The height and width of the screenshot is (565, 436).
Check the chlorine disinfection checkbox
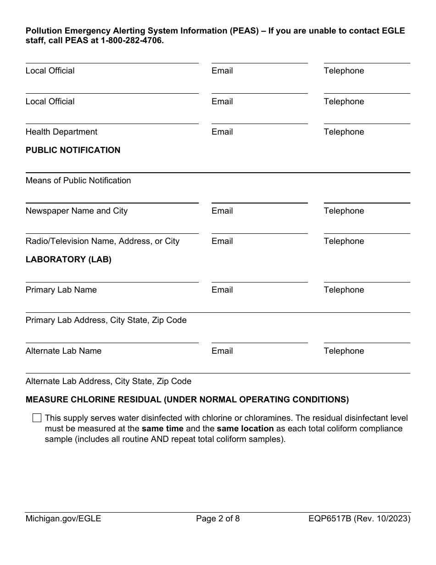click(37, 418)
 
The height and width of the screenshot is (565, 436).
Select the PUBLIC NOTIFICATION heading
click(73, 150)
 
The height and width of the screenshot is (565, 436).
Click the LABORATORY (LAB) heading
click(68, 260)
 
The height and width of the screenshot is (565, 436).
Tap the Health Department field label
click(61, 132)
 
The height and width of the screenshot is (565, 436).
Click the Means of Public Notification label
click(78, 181)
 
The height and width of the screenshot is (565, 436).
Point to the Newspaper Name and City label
click(77, 211)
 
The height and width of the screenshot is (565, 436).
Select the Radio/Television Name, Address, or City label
click(102, 241)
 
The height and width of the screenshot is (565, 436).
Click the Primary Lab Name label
click(61, 290)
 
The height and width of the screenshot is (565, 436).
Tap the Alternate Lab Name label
click(63, 351)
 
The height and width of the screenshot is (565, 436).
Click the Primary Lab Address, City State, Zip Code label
click(106, 320)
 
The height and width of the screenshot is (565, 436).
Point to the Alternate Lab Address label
click(108, 381)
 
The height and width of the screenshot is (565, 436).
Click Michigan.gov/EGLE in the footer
click(63, 519)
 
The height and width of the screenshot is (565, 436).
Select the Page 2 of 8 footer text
click(218, 519)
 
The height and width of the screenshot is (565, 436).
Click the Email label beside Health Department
click(222, 132)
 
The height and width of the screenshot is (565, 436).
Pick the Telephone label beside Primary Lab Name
click(344, 290)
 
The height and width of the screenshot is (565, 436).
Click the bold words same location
click(245, 429)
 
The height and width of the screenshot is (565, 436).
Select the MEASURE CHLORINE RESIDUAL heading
click(187, 400)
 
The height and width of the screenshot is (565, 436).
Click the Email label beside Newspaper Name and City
click(222, 211)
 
